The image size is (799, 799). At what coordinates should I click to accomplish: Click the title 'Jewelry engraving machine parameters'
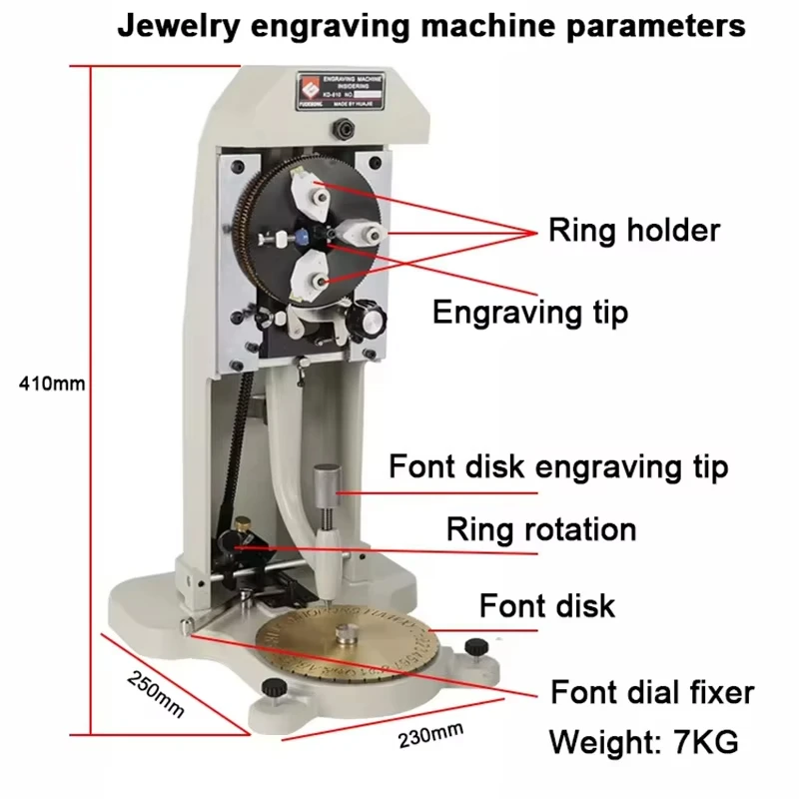pos(431,25)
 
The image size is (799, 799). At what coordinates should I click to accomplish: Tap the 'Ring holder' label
pos(633,230)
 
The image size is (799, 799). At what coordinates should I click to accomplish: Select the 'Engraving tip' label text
pos(529,312)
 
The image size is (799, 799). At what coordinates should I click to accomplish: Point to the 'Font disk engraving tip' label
pos(557,466)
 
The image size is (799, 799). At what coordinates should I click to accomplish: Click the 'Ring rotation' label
pos(540,528)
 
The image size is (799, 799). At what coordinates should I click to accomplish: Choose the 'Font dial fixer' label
pos(652,692)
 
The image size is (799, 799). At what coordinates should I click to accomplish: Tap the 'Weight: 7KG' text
pos(644,742)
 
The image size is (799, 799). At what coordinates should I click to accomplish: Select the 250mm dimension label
pos(156,692)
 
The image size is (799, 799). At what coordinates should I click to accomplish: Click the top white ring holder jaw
pos(311,190)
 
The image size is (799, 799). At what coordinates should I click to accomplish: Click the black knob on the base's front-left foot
pos(270,689)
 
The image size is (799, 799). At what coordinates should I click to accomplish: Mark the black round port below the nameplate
pos(346,128)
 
